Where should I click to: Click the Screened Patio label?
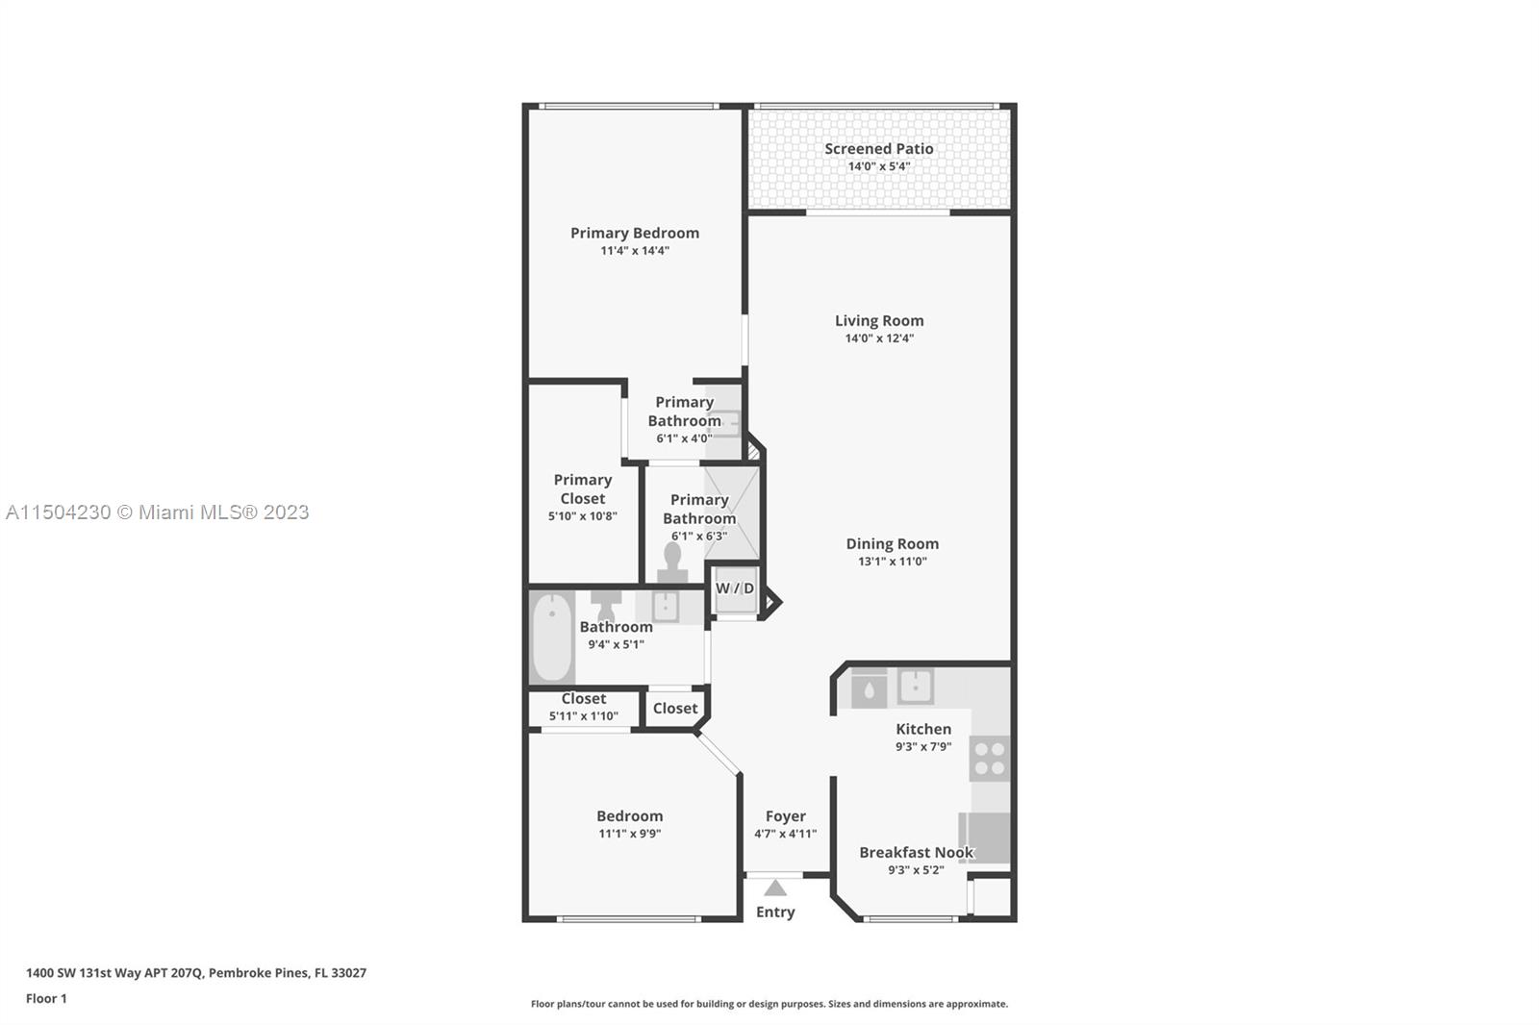point(879,148)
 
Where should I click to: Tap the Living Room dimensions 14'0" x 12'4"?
point(879,338)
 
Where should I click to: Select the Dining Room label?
point(892,543)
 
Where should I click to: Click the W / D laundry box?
point(736,588)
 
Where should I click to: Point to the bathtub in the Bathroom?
point(552,637)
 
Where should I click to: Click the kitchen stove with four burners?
point(990,759)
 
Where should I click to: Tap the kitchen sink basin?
point(915,686)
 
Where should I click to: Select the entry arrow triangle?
point(775,888)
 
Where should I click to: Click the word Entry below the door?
point(775,912)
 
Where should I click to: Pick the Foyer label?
point(785,816)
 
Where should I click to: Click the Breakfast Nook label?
point(916,853)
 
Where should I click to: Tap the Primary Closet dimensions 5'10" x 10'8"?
point(583,516)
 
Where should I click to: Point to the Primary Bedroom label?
point(635,234)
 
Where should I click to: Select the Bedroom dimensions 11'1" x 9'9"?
point(629,834)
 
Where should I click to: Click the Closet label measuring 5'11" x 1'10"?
point(583,699)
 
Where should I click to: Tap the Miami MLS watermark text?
point(158,512)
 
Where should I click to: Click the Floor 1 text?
point(46,999)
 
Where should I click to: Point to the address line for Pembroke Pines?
point(196,973)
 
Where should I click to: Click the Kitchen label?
point(923,729)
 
